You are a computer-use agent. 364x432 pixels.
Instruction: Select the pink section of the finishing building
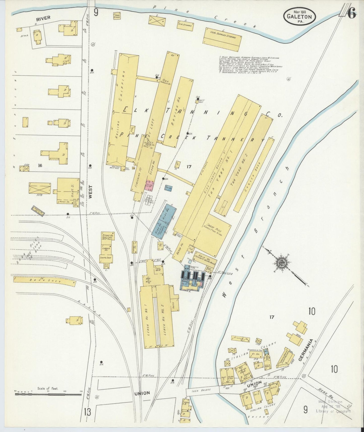(150, 185)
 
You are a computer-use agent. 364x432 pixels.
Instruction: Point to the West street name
(90, 193)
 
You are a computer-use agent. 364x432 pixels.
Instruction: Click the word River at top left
(43, 18)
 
